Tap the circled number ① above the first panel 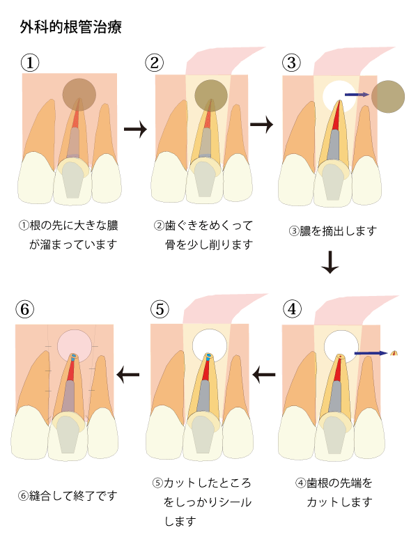(29, 63)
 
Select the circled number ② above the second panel (155, 63)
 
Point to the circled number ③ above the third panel (292, 63)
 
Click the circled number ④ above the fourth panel (293, 309)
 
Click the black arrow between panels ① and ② (135, 130)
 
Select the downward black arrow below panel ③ (330, 260)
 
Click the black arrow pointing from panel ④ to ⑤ (264, 376)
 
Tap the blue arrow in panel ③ (357, 94)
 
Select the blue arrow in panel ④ (371, 353)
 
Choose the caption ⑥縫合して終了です (68, 496)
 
